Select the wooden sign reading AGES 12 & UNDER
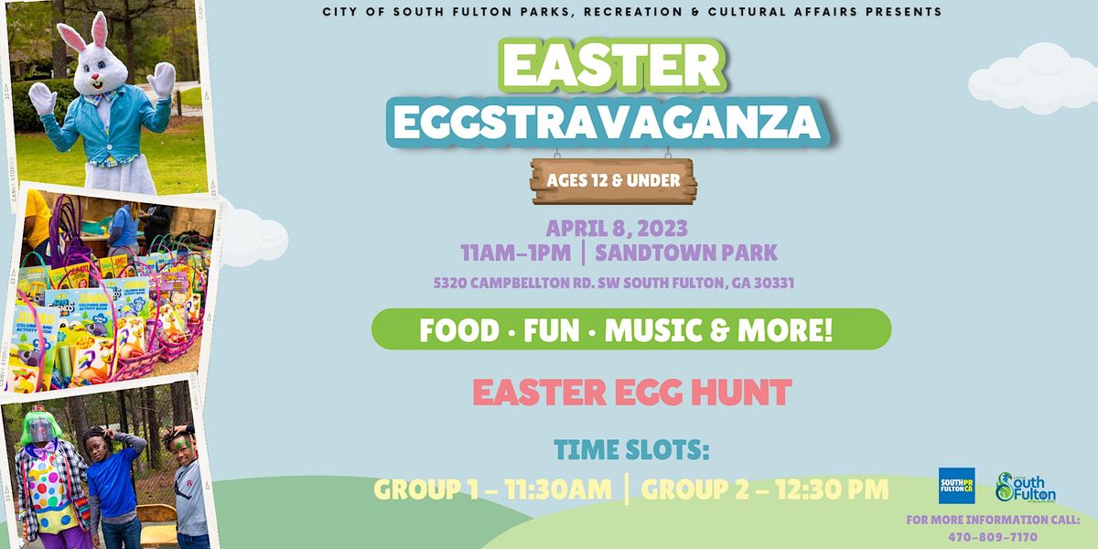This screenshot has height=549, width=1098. (613, 180)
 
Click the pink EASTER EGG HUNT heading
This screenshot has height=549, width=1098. (631, 393)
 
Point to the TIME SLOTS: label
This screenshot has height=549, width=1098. (631, 450)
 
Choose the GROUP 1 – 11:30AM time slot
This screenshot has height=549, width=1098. (493, 490)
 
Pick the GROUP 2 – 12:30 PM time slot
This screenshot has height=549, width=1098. (765, 490)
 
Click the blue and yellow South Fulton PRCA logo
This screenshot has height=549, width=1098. (956, 485)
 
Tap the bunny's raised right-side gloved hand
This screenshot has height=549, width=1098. (162, 79)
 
